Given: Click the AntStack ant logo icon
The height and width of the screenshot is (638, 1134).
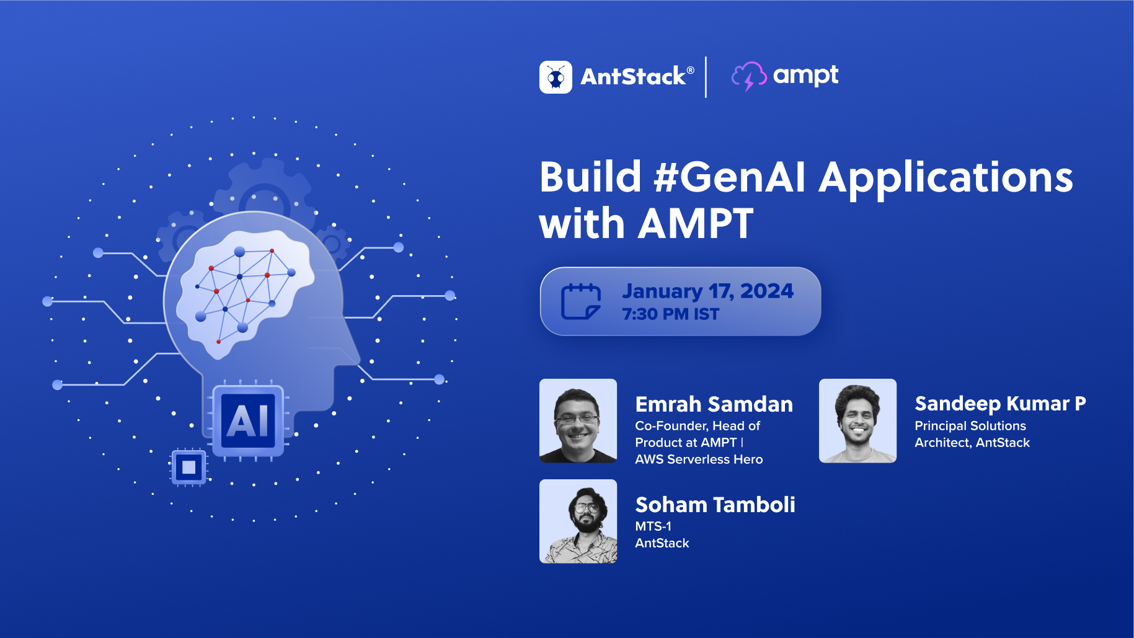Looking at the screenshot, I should click(x=556, y=78).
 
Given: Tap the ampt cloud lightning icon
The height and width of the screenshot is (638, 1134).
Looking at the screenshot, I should click(x=748, y=76).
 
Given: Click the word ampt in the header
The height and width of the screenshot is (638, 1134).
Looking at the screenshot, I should click(x=805, y=76).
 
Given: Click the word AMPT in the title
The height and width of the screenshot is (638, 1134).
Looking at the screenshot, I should click(x=696, y=224).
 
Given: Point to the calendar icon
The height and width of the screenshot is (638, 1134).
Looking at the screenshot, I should click(x=580, y=301).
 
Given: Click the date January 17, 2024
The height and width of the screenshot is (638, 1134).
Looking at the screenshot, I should click(x=707, y=291).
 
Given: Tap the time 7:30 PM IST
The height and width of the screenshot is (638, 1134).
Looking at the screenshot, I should click(x=670, y=314).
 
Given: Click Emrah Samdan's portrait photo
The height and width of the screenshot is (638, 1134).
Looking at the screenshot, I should click(x=578, y=421).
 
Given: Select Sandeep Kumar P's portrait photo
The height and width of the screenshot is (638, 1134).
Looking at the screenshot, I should click(x=857, y=421).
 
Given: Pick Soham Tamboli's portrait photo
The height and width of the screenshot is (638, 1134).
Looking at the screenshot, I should click(x=578, y=521).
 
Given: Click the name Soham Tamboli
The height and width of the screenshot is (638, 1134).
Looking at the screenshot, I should click(x=715, y=505).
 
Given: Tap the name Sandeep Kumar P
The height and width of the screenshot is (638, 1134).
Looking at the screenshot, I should click(x=999, y=404).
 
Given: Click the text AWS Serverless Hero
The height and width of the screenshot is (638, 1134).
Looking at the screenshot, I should click(x=699, y=459).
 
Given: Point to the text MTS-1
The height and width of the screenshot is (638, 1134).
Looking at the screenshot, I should click(x=653, y=526).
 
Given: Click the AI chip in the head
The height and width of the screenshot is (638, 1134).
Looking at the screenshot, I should click(x=248, y=421).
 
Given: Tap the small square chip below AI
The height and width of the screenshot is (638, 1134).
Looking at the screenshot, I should click(x=188, y=467).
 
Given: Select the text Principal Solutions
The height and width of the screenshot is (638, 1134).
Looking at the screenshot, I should click(x=970, y=426).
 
